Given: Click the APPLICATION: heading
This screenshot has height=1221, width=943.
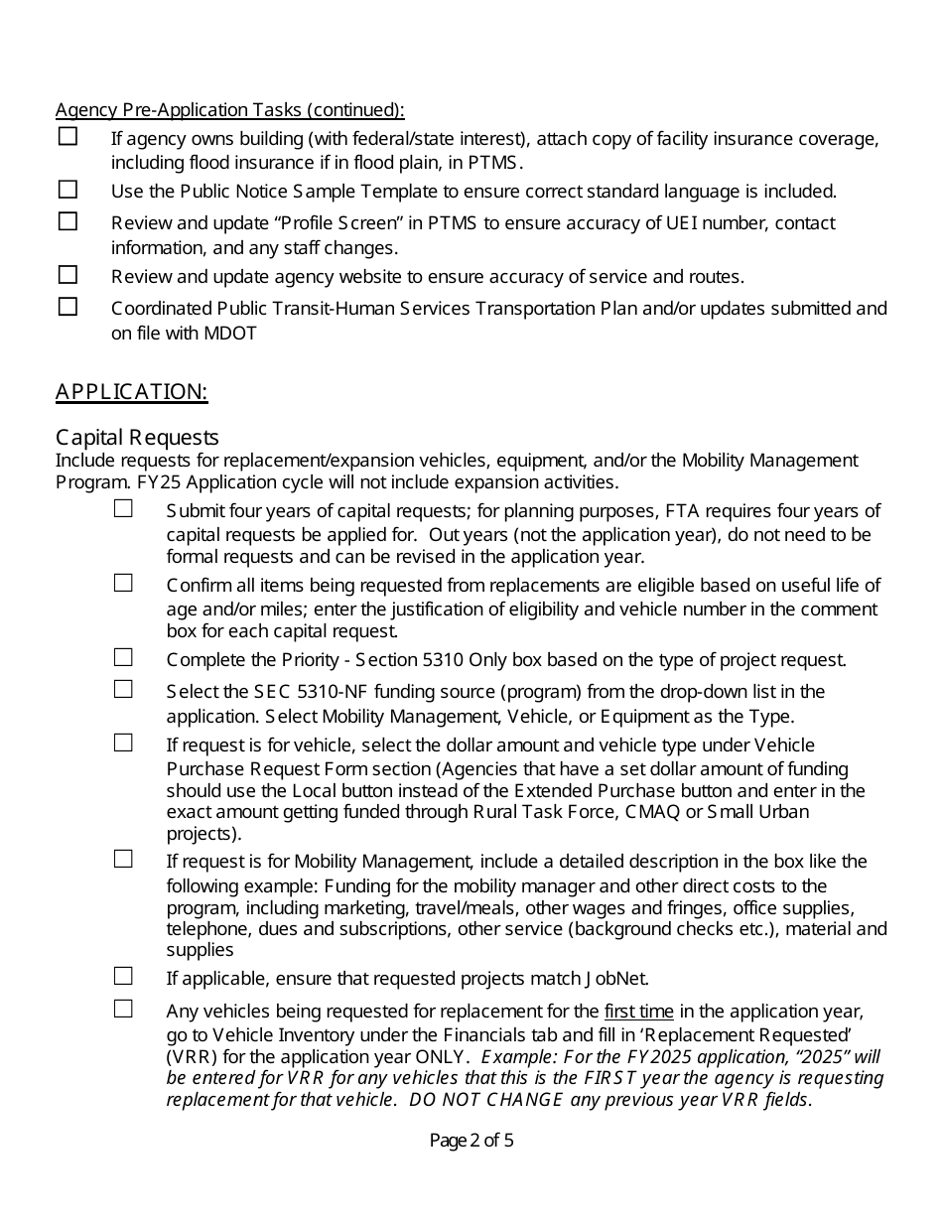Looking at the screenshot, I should pos(131,391).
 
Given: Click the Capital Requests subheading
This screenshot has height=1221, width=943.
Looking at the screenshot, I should pos(137,437).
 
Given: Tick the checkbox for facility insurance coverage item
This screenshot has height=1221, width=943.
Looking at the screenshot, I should pos(67,137).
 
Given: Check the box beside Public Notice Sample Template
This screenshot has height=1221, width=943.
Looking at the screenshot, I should pos(67,189).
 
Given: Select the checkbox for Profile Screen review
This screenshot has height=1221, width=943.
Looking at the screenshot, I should pos(67,221).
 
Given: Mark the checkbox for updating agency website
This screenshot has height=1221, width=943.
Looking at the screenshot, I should pos(67,274).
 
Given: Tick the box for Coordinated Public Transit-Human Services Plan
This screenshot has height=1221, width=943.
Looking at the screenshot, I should pos(67,307).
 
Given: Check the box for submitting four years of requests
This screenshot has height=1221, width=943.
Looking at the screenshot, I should pos(123,508).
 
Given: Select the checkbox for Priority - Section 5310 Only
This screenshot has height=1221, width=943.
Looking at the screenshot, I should pos(123,657).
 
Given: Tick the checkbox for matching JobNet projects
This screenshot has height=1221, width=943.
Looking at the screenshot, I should pos(123,976).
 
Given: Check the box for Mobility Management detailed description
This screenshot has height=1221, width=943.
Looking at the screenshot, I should pos(123,859).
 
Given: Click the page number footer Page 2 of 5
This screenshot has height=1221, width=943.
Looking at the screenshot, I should pos(471,1141).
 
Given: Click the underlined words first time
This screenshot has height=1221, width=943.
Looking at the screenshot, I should pos(638,1012).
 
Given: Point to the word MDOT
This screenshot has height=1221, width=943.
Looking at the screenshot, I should pos(233,334).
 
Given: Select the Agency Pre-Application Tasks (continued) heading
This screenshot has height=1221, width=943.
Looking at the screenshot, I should pos(229,109).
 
